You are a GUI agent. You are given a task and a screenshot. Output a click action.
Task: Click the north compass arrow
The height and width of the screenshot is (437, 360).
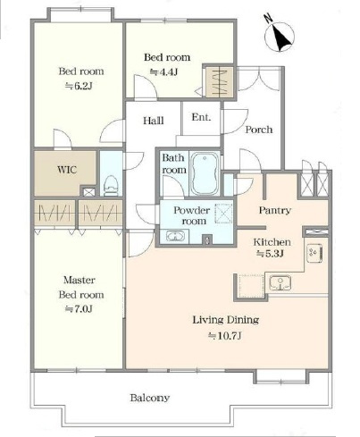[x=280, y=37]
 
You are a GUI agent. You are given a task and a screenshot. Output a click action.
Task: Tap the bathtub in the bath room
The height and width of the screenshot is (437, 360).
[x=205, y=173]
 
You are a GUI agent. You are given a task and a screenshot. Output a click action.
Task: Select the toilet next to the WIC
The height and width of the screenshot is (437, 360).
[x=111, y=186]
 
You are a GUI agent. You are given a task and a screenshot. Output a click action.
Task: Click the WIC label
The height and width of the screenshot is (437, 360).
[x=67, y=170]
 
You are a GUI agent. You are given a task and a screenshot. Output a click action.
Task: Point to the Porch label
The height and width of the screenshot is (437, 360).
[x=259, y=130]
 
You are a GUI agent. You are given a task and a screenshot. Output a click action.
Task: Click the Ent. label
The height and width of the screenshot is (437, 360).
[x=201, y=117]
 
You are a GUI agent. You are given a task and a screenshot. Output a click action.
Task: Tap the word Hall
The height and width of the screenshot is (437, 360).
[x=154, y=121]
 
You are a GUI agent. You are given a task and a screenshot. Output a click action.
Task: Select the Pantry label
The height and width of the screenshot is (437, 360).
[x=274, y=210]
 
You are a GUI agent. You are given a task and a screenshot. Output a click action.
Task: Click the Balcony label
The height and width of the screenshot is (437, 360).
[x=150, y=398]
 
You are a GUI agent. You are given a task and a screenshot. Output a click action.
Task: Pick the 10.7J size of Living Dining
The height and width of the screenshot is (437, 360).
[x=225, y=336]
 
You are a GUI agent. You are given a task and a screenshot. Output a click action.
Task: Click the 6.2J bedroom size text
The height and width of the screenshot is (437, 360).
[x=79, y=86]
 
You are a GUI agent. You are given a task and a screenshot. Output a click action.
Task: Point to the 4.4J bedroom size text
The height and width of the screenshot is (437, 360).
[x=163, y=71]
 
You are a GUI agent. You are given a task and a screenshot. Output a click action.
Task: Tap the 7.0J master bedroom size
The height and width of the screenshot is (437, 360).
[x=79, y=308]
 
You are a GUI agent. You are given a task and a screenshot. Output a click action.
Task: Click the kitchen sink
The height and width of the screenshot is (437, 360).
[x=280, y=282]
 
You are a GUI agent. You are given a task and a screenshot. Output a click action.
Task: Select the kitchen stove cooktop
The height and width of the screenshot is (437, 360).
[x=314, y=253]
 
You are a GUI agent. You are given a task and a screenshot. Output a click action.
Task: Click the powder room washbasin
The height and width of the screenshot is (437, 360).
[x=175, y=237]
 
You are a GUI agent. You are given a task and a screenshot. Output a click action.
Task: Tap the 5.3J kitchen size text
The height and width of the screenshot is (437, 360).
[x=270, y=254]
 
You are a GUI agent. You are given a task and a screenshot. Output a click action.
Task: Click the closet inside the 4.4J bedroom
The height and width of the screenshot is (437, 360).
[x=220, y=81]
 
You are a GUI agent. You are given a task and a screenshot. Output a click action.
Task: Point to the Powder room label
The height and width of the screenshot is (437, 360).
[x=192, y=215]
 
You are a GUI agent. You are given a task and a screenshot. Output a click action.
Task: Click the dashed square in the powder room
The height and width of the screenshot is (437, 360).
[x=223, y=213]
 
